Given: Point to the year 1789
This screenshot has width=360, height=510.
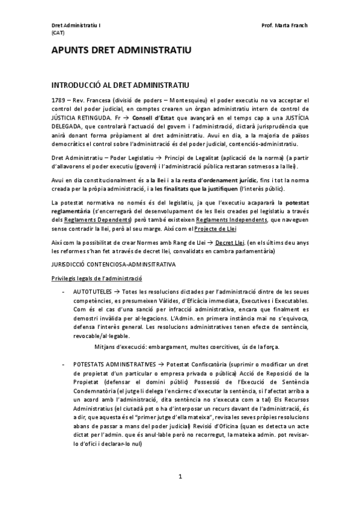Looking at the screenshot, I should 58,99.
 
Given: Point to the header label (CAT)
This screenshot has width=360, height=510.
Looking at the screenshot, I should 58,33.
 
